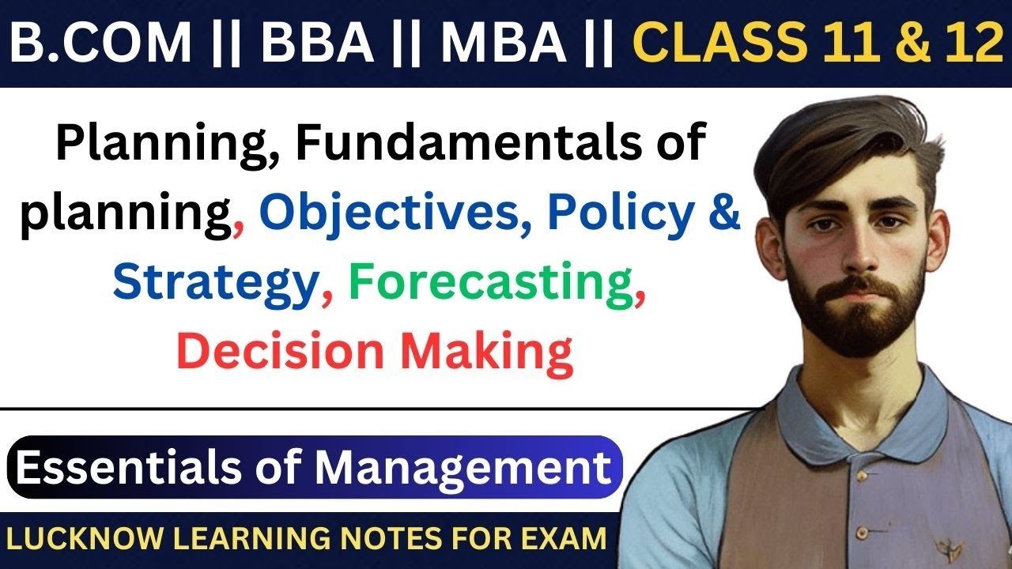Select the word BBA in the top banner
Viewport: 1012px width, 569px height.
(317, 45)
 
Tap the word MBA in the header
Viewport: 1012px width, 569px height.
(504, 45)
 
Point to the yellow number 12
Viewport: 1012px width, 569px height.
(970, 45)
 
